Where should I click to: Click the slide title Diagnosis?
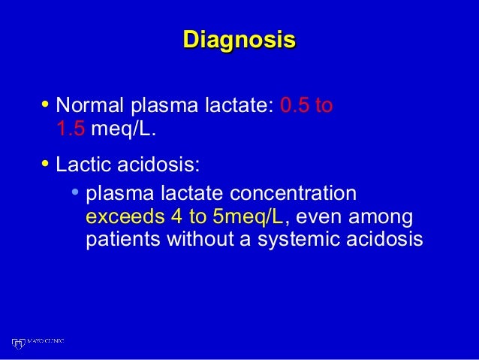click(239, 40)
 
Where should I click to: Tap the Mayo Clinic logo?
click(38, 343)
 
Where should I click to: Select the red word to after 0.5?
click(324, 104)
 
